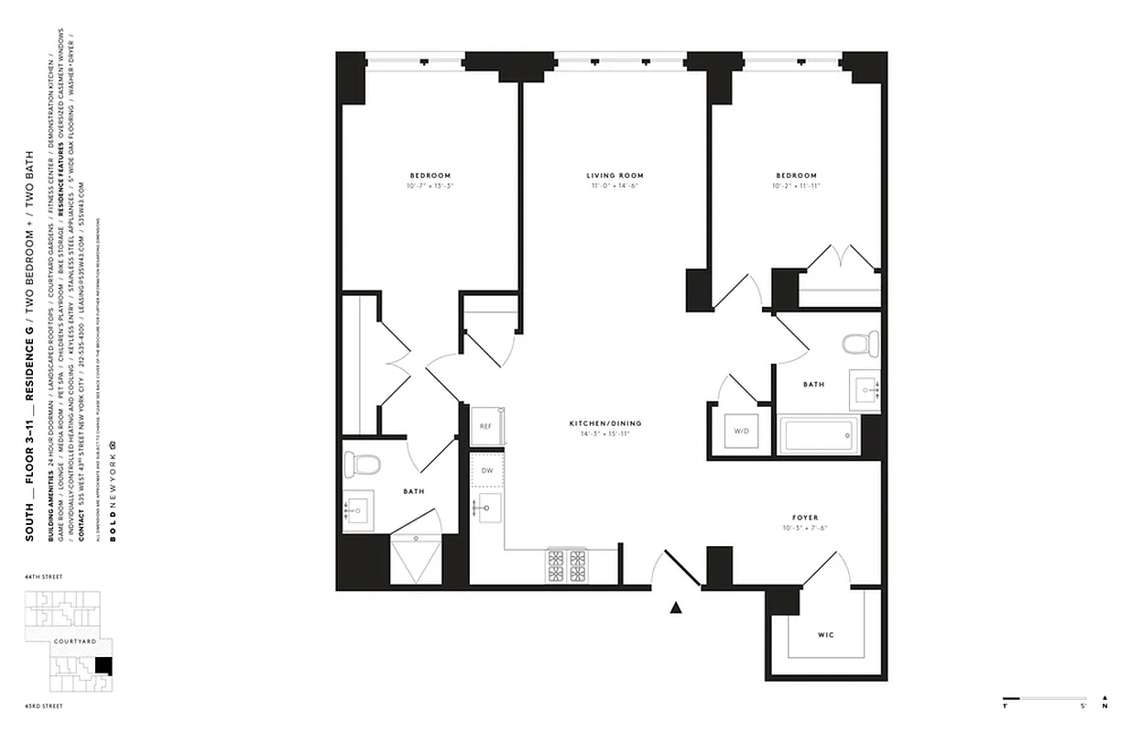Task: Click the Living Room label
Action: coord(615,176)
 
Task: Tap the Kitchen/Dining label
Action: coord(604,423)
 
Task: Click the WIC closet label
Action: coord(825,635)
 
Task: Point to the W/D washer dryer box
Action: coord(740,430)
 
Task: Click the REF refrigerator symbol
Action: coord(486,427)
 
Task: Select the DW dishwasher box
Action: coord(486,470)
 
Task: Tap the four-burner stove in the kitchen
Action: coord(567,565)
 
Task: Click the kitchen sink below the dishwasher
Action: coord(487,506)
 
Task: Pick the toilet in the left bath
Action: coord(366,464)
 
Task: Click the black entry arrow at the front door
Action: coord(677,607)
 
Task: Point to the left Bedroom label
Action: coord(430,176)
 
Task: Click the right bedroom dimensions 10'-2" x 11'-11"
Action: coord(796,187)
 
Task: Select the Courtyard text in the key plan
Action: coord(75,642)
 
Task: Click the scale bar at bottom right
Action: coord(1044,697)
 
